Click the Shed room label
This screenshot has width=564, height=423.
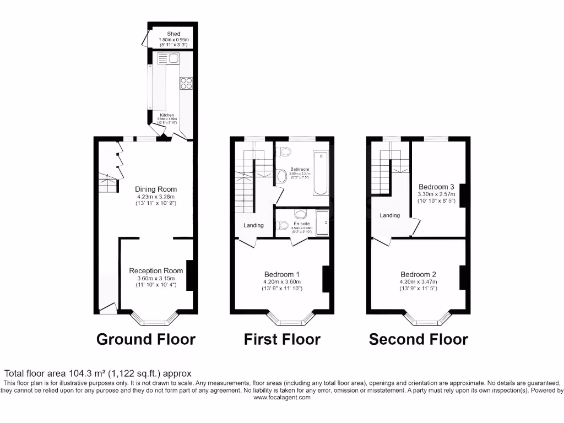173,34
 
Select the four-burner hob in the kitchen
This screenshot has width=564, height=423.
186,84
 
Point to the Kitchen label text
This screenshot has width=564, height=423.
167,115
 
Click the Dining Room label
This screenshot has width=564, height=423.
156,189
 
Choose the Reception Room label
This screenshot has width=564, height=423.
156,270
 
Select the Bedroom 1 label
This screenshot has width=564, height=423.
282,274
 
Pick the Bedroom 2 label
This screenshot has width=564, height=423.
418,274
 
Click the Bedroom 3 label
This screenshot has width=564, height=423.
436,187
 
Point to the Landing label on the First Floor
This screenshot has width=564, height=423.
254,225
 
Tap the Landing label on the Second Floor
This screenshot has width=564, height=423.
389,215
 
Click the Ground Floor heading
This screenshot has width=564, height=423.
145,339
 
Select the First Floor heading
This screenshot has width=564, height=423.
282,339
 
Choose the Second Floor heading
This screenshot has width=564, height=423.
418,339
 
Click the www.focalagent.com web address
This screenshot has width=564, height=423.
282,398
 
